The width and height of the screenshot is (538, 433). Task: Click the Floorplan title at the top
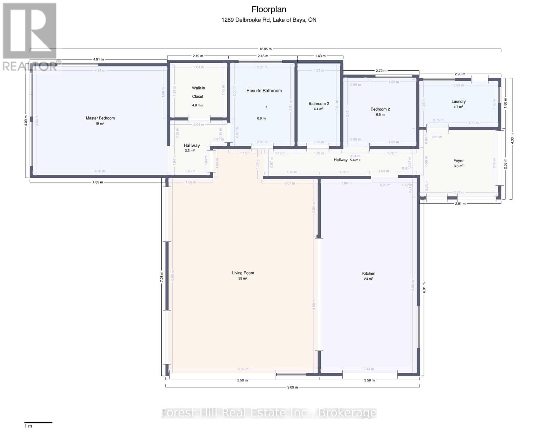coord(269,10)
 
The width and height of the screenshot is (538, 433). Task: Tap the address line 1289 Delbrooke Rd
coord(269,20)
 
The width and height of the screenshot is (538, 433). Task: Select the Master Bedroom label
coord(100,118)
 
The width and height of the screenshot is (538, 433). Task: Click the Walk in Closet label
coord(198,92)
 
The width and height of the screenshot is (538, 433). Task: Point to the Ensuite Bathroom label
coord(264,91)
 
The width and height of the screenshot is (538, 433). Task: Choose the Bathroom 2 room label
coord(319,104)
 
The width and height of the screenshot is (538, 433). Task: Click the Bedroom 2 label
coord(380,109)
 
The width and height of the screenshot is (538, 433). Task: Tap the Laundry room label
coord(458,101)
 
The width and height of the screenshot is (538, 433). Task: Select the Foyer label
coord(458,161)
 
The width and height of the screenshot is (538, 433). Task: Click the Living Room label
coord(243,273)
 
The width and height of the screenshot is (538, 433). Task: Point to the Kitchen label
coord(368,274)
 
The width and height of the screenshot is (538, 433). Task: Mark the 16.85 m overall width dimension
coord(265,49)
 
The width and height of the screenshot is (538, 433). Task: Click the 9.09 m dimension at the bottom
coord(292,387)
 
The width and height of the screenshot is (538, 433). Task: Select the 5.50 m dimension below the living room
coord(242,380)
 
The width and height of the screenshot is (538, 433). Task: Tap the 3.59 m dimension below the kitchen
coord(369,380)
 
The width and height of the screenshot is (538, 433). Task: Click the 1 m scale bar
coord(38,422)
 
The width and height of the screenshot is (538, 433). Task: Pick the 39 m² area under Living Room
coord(242,279)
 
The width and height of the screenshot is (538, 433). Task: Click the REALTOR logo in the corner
coord(30,36)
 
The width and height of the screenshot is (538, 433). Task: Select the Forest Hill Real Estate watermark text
coord(269,412)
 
